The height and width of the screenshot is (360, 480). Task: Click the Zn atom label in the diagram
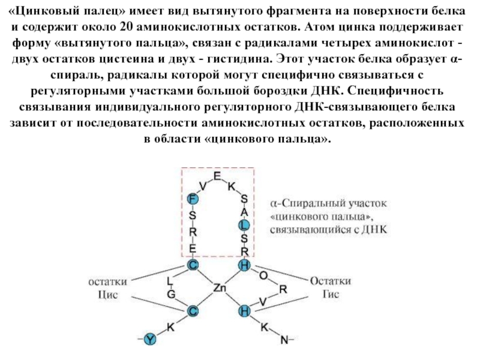(219, 289)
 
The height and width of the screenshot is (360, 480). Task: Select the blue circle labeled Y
(151, 340)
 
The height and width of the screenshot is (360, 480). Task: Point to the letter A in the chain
(244, 212)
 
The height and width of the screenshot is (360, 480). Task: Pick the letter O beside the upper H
(263, 275)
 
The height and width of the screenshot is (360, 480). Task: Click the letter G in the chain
(171, 294)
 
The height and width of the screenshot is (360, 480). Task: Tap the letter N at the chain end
(284, 340)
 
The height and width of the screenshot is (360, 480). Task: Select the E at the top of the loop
(217, 175)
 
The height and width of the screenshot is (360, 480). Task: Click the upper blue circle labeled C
(193, 265)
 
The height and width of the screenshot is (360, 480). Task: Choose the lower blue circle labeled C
(193, 310)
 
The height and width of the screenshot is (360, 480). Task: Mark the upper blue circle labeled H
(244, 265)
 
